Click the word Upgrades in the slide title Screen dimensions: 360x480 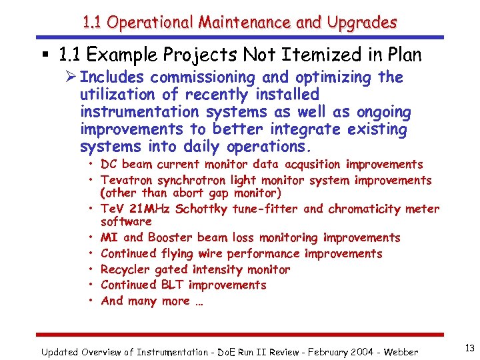point(361,23)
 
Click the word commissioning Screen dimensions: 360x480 point(206,77)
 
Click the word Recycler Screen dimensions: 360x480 point(125,270)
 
